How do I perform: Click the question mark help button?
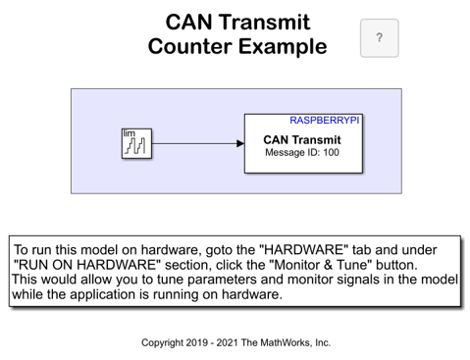(x=379, y=38)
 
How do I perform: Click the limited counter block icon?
(x=136, y=143)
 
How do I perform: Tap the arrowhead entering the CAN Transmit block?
(x=240, y=143)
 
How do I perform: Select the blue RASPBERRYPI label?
(x=325, y=121)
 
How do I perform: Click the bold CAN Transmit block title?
(x=302, y=140)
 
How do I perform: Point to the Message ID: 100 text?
(x=302, y=152)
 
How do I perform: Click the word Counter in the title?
(x=189, y=46)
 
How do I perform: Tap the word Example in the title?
(x=283, y=47)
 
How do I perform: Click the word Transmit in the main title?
(x=265, y=23)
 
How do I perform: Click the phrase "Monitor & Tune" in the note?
(x=321, y=265)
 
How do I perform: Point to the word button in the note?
(x=396, y=265)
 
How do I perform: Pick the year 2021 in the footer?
(x=228, y=342)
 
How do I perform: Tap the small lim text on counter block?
(x=129, y=133)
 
